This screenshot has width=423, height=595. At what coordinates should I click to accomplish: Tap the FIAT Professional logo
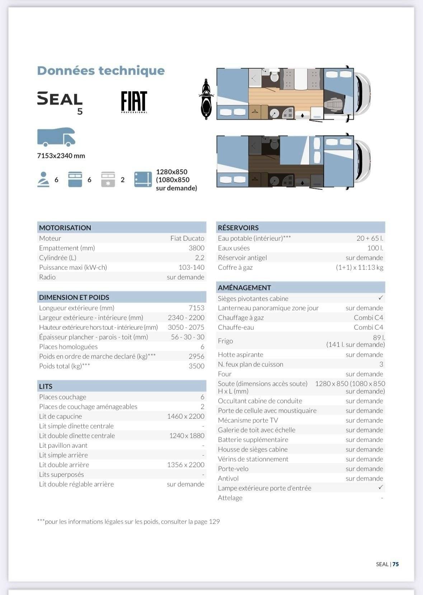tap(134, 102)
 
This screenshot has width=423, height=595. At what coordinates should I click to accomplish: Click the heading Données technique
tap(101, 70)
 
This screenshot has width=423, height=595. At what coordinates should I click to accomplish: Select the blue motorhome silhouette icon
tap(56, 137)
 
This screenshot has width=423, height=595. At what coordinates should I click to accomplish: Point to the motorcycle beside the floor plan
tap(206, 99)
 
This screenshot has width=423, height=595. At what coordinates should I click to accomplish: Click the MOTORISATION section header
tap(65, 228)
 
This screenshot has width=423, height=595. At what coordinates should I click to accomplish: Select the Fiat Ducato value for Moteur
tap(187, 238)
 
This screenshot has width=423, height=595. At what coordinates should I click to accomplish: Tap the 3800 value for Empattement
tap(196, 248)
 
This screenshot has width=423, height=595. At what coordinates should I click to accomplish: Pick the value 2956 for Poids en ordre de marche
tap(196, 356)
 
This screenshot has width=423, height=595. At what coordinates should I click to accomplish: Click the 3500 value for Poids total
tap(196, 366)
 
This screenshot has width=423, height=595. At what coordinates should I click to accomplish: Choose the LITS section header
tap(46, 386)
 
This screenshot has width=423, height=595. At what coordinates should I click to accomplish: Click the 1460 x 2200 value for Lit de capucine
tap(185, 416)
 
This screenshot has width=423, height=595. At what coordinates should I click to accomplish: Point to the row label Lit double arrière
tap(64, 465)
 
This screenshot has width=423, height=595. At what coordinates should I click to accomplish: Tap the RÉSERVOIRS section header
tap(238, 228)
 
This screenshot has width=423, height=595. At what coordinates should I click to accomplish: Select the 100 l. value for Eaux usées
tap(375, 248)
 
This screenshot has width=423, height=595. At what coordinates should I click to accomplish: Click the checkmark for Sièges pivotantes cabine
tap(381, 298)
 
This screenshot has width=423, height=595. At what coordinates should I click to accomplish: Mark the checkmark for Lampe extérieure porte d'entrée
tap(381, 487)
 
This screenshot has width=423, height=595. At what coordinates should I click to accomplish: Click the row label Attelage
tap(230, 498)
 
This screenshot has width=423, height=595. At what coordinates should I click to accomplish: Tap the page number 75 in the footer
tap(395, 564)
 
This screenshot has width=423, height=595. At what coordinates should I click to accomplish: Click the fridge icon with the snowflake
tap(108, 179)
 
